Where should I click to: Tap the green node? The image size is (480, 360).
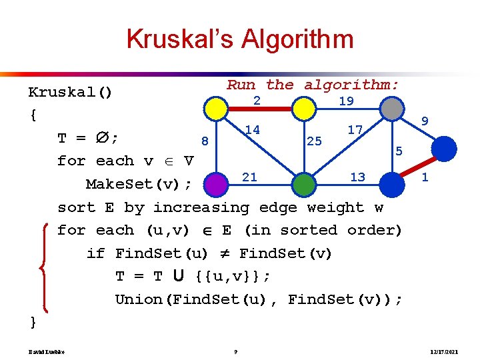[x=303, y=183]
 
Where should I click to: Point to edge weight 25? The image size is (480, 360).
[x=313, y=141]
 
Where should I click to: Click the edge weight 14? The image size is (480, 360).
[x=252, y=129]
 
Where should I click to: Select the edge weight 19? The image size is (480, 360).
[x=346, y=101]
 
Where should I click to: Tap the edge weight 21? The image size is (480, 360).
[x=249, y=177]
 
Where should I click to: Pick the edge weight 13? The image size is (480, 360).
[x=357, y=177]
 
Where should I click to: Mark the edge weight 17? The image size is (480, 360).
[x=355, y=130]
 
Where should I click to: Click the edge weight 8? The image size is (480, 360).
[x=205, y=141]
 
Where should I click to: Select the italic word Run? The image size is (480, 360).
[x=241, y=85]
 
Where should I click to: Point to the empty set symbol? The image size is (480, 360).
[x=101, y=138]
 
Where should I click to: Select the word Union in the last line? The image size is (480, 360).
[x=139, y=299]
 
